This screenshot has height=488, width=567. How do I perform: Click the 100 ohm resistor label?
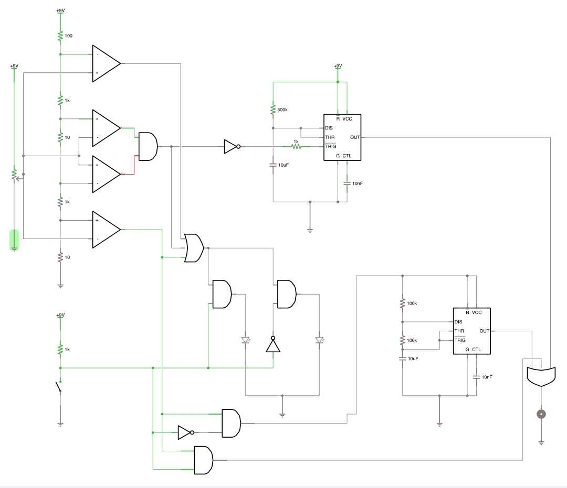[68, 36]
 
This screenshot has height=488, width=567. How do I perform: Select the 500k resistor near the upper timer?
[273, 110]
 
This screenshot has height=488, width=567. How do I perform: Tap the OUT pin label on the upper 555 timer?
[355, 137]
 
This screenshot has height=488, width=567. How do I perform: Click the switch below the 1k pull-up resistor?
[58, 388]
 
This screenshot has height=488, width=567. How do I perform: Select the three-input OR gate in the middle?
[194, 248]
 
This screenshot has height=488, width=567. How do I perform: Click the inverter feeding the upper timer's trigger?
[232, 147]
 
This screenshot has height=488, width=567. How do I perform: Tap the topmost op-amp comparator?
[106, 63]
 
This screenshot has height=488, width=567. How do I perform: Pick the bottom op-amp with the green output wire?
[106, 230]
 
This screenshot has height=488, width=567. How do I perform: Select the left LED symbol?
[245, 340]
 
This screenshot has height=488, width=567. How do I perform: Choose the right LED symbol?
[319, 340]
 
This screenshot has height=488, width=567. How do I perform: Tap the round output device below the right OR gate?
[541, 415]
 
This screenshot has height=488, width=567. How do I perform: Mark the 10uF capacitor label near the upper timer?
[283, 165]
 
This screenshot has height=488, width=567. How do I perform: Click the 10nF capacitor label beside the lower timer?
[487, 377]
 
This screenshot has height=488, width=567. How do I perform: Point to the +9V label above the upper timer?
[338, 66]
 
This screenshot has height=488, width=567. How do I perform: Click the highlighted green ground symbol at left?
[14, 241]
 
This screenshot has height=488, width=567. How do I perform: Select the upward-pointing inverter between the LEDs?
[272, 344]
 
